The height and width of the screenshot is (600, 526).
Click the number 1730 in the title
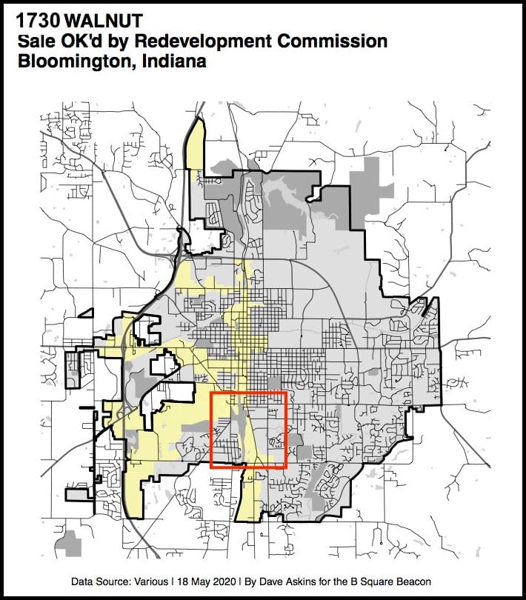pyautogui.click(x=37, y=21)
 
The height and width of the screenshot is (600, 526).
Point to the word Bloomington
pyautogui.click(x=68, y=61)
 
